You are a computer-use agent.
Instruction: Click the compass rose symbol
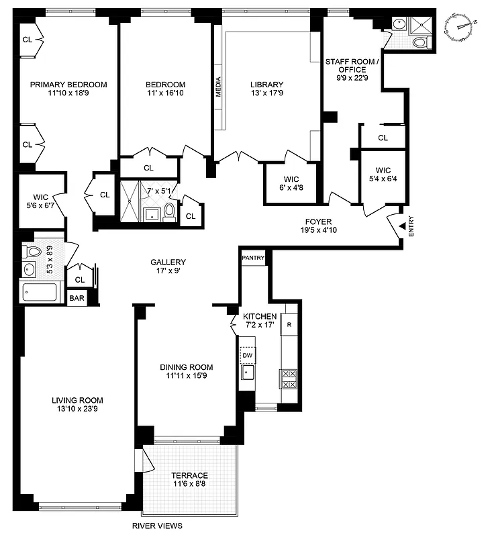(462, 25)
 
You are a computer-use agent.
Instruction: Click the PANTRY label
(254, 257)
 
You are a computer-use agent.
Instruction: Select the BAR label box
(77, 298)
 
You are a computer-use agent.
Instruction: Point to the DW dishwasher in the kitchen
(247, 355)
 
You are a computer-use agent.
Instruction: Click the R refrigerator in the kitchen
(289, 324)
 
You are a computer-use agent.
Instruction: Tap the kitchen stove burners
(289, 379)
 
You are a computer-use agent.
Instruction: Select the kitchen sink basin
(247, 372)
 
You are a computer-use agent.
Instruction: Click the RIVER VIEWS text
(157, 526)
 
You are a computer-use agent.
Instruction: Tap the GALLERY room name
(168, 262)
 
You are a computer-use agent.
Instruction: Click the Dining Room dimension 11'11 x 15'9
(186, 377)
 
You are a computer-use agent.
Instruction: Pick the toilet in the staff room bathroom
(420, 42)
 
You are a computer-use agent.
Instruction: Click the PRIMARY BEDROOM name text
(68, 85)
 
